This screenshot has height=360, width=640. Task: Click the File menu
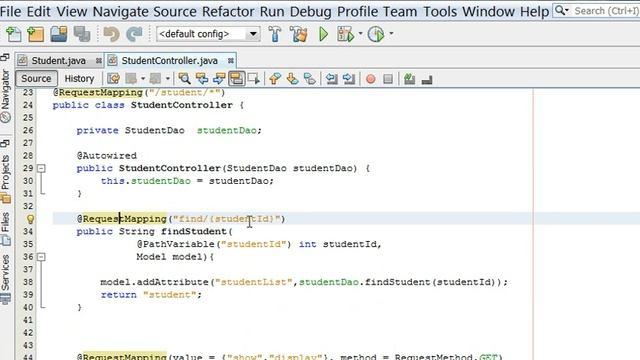tap(15, 11)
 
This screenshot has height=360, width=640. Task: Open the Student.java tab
tap(51, 60)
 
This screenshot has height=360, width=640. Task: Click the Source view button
tap(36, 79)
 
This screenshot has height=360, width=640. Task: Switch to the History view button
tap(79, 79)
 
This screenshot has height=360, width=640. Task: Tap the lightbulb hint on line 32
tap(30, 218)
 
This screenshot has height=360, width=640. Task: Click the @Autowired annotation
tap(101, 155)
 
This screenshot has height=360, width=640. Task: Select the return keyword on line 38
tap(118, 294)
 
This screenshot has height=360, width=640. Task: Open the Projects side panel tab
tap(6, 172)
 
